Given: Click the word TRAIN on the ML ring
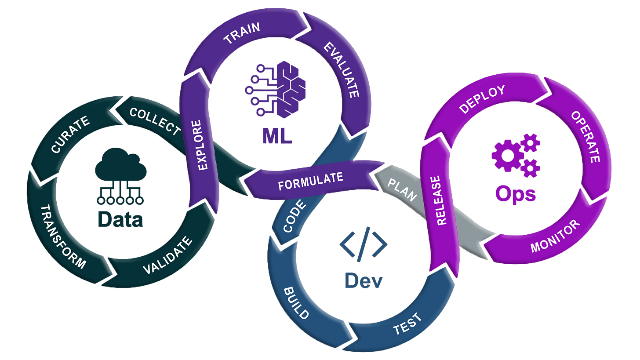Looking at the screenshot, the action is pyautogui.click(x=242, y=33).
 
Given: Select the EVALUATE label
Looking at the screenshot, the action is pyautogui.click(x=342, y=70).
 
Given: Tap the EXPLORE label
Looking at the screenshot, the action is pyautogui.click(x=200, y=145).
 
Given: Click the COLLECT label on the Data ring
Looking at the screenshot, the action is pyautogui.click(x=155, y=121).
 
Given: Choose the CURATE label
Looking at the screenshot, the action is pyautogui.click(x=70, y=134).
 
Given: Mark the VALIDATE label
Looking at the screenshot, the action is pyautogui.click(x=168, y=255).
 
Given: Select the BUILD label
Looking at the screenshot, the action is pyautogui.click(x=296, y=303).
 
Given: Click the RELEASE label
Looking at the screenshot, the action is pyautogui.click(x=440, y=200).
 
